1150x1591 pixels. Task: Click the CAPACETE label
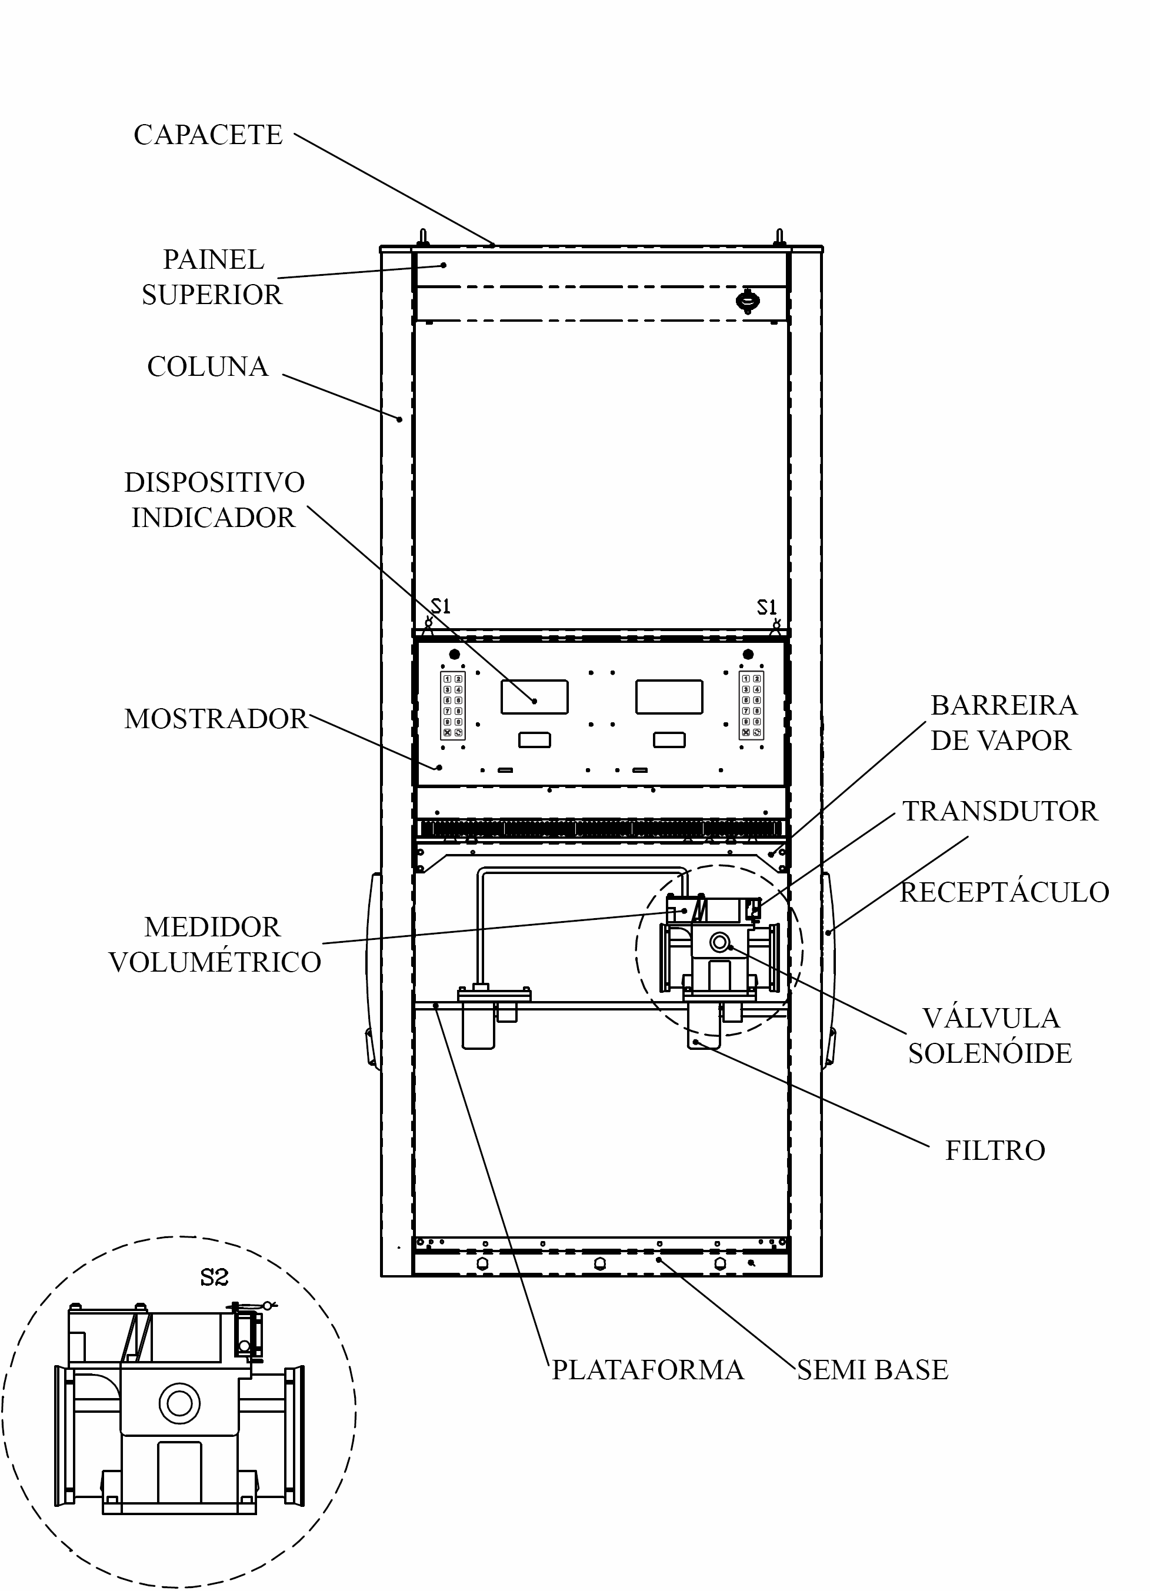208,135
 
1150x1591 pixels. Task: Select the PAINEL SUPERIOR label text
212,277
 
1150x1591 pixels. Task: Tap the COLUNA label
208,366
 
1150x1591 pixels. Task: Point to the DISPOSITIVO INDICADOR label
214,500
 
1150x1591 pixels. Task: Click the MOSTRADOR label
216,719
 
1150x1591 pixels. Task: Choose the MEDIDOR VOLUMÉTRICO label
215,944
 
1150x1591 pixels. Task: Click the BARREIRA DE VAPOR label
1004,722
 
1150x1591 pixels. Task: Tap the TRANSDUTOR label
1000,811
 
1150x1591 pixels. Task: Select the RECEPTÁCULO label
1005,892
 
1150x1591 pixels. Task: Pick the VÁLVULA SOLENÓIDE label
990,1035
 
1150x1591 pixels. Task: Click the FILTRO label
995,1150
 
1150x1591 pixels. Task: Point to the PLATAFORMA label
648,1369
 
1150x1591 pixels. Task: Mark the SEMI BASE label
873,1369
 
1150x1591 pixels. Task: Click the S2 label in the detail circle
214,1278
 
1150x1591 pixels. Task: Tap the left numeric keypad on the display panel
452,705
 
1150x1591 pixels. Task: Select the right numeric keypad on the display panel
751,705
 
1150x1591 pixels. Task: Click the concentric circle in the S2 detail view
179,1403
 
